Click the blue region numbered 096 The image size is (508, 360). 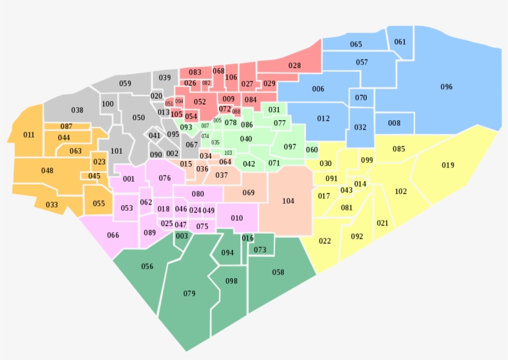point(446,87)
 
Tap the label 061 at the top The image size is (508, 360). point(400,42)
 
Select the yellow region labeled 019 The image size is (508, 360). point(448,165)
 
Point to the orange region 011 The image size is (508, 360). point(28,135)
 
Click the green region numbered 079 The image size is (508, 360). point(189,293)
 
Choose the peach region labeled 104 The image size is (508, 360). point(288,201)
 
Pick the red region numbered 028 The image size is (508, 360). point(294,66)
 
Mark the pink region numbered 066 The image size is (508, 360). point(113,235)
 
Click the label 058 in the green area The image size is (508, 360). point(278,273)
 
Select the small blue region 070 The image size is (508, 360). point(361,98)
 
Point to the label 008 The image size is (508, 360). point(394,123)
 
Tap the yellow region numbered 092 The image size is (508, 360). point(357,237)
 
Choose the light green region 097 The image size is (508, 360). point(290,147)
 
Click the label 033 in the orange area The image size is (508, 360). point(51,205)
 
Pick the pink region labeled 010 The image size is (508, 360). point(237,218)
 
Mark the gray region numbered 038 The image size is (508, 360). point(77,110)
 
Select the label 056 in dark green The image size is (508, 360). point(147,266)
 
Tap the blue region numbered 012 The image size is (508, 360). point(323,118)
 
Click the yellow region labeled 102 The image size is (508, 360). point(401,191)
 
